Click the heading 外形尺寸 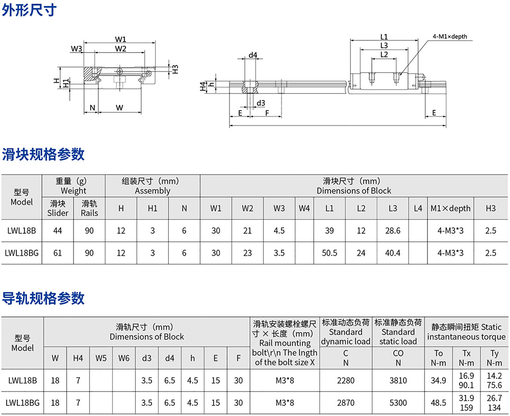pyautogui.click(x=30, y=10)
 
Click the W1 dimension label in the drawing pyautogui.click(x=120, y=39)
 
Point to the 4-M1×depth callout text pyautogui.click(x=449, y=37)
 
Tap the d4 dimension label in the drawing pyautogui.click(x=252, y=55)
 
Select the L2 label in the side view pyautogui.click(x=384, y=55)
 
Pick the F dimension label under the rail pyautogui.click(x=267, y=113)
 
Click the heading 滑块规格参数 pyautogui.click(x=43, y=154)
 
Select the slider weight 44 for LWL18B pyautogui.click(x=58, y=231)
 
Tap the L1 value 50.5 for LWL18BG pyautogui.click(x=329, y=253)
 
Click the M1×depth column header pyautogui.click(x=450, y=208)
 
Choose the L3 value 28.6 pyautogui.click(x=393, y=231)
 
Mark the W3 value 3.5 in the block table pyautogui.click(x=279, y=253)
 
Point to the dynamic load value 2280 pyautogui.click(x=346, y=380)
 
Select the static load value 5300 pyautogui.click(x=398, y=403)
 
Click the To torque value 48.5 pyautogui.click(x=439, y=403)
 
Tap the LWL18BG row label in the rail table pyautogui.click(x=22, y=403)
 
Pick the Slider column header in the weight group pyautogui.click(x=58, y=208)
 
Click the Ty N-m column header pyautogui.click(x=494, y=358)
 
